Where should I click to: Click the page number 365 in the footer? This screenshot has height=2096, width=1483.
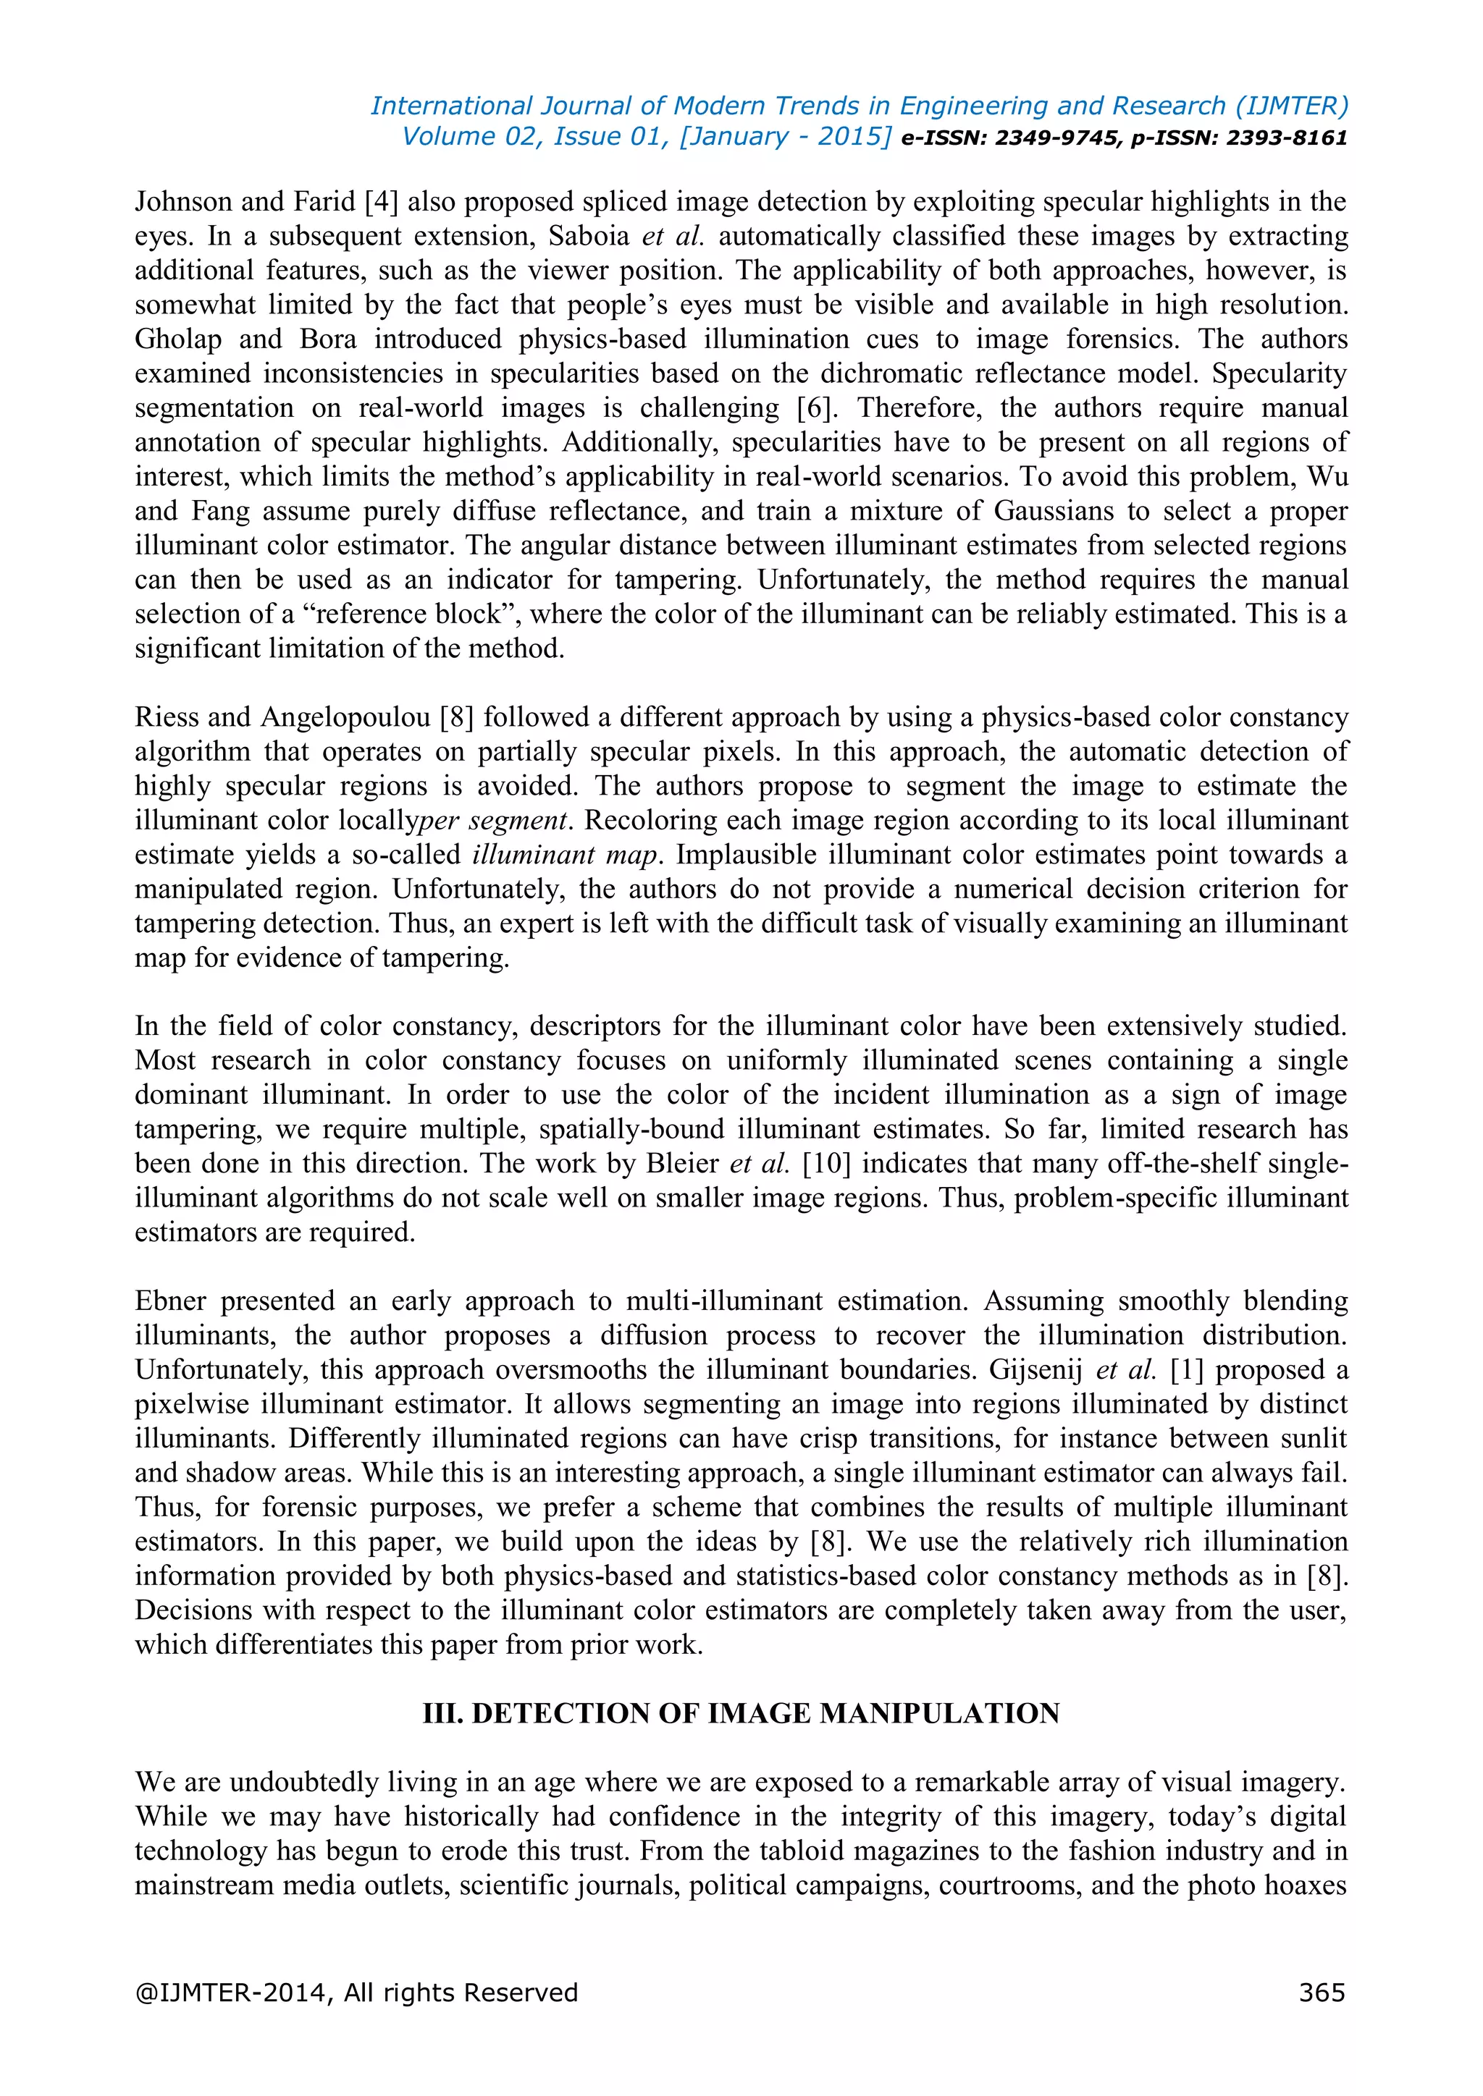click(x=1322, y=1992)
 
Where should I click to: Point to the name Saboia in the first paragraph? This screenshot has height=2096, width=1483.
click(x=589, y=237)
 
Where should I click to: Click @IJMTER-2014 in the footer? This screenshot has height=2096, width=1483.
click(x=231, y=1992)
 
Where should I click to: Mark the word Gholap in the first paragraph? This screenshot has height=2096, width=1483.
click(x=178, y=339)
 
